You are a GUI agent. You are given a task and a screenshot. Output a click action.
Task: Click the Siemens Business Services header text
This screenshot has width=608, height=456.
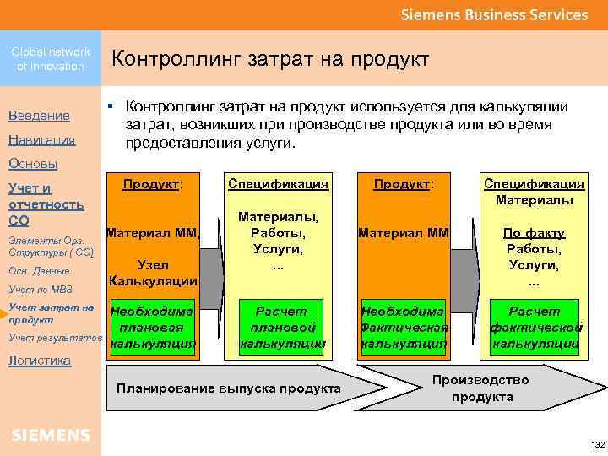pyautogui.click(x=493, y=15)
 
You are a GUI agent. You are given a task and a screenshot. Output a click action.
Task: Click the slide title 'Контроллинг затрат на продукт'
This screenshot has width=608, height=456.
pyautogui.click(x=270, y=59)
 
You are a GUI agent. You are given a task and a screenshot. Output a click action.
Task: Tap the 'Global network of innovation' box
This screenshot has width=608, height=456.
pyautogui.click(x=51, y=59)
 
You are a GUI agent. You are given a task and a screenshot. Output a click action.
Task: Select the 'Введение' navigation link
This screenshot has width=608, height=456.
pyautogui.click(x=39, y=115)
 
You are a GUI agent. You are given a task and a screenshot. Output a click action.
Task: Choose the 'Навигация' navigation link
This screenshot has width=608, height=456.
pyautogui.click(x=41, y=139)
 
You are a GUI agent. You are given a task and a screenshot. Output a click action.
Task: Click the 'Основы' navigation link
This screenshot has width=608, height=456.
pyautogui.click(x=33, y=163)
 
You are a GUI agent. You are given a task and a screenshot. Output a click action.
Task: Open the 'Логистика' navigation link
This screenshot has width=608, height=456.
pyautogui.click(x=40, y=360)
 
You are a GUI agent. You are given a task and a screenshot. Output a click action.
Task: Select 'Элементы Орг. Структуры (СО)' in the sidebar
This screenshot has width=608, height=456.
pyautogui.click(x=50, y=247)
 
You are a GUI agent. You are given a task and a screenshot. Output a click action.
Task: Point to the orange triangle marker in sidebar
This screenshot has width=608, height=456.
pyautogui.click(x=4, y=313)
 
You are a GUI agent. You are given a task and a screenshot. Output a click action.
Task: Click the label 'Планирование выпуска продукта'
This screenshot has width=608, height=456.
pyautogui.click(x=229, y=388)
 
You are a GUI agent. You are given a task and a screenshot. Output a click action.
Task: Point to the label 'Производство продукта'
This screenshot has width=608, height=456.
pyautogui.click(x=481, y=388)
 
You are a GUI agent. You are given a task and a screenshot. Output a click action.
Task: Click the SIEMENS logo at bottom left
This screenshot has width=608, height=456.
pyautogui.click(x=51, y=435)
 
